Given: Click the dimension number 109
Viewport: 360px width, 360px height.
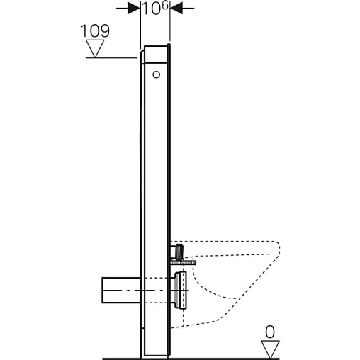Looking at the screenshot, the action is click(95, 31).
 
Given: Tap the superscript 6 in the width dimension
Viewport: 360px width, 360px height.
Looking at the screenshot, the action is click(164, 6).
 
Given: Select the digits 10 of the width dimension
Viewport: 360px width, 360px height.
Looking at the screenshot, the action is click(152, 9).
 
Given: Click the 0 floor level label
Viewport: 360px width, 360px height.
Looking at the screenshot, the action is click(270, 332).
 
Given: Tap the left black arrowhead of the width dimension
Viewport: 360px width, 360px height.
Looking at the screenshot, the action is click(134, 8).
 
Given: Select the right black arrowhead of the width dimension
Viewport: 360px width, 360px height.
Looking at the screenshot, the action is click(176, 8).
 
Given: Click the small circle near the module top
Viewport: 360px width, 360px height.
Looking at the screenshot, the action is click(156, 74).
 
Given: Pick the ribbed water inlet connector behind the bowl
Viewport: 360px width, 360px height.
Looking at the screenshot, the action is click(179, 252).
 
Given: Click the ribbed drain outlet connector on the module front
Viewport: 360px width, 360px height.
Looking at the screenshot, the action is click(180, 290).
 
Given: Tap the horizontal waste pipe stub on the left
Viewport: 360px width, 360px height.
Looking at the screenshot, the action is click(121, 290).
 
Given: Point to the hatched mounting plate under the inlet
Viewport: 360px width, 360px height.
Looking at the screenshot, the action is click(183, 262).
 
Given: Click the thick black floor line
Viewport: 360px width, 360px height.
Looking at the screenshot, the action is click(191, 359).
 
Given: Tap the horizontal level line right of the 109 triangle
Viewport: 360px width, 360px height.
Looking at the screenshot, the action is click(111, 57).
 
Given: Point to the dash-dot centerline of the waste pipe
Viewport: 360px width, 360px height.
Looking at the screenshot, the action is click(146, 290).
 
